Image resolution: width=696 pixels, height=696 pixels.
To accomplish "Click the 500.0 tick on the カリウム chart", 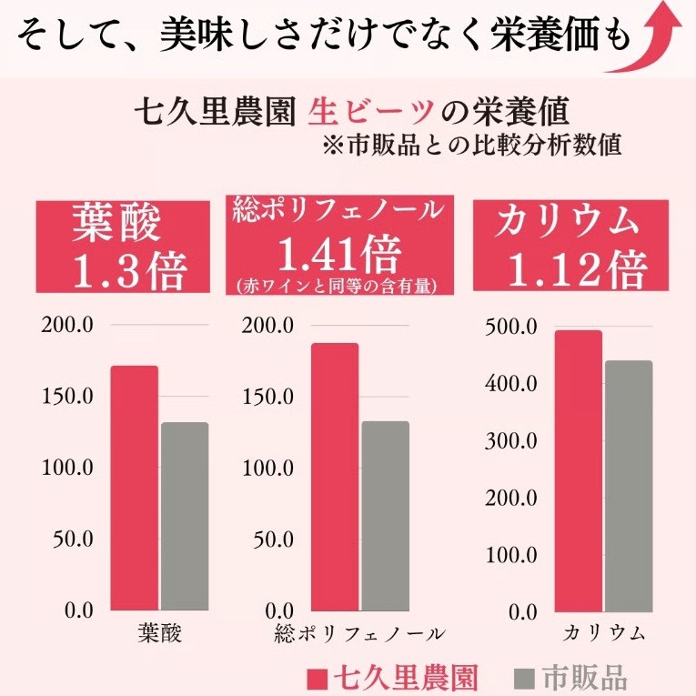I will tap(515, 327).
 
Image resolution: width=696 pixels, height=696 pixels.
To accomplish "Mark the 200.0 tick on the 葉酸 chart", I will tap(69, 327).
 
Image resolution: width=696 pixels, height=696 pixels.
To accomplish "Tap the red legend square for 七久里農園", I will tap(316, 679).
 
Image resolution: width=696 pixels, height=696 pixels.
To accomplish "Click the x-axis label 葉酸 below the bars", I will tap(160, 634).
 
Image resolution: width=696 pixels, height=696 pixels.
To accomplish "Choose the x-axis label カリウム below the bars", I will tap(603, 634).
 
